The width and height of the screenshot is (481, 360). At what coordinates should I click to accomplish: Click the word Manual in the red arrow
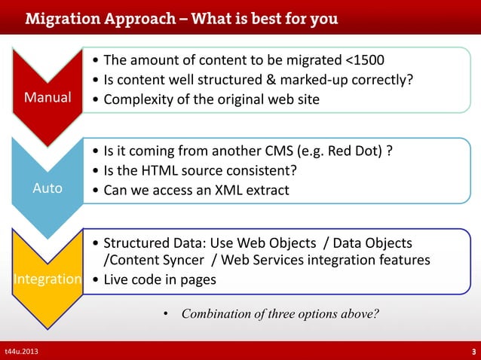47,98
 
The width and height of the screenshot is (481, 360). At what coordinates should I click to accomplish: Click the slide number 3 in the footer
473,352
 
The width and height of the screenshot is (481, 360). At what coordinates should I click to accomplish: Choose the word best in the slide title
241,17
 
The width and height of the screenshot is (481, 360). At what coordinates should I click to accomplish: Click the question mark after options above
375,314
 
